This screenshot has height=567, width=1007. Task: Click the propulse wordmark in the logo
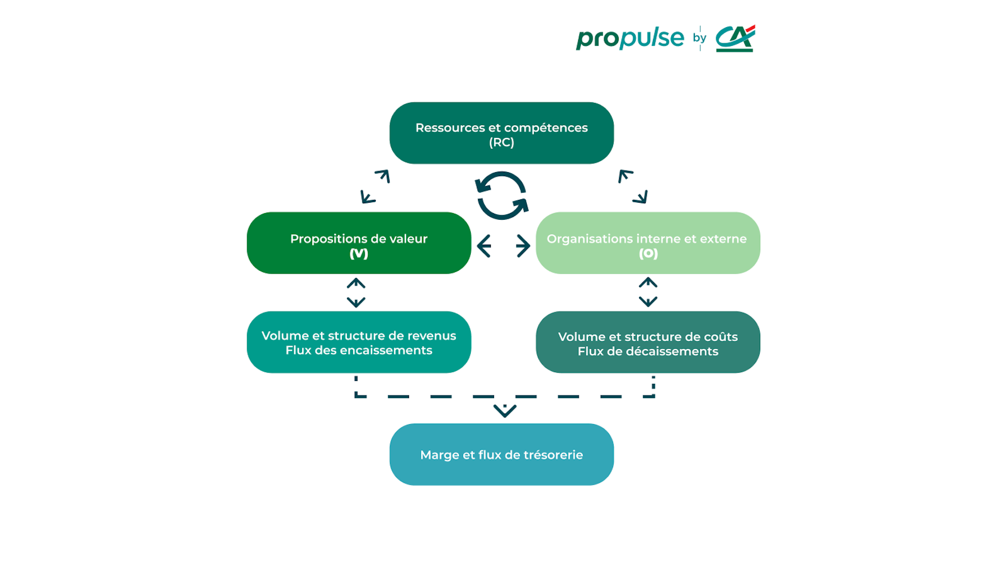coord(630,38)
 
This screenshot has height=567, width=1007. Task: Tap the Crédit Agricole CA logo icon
coord(735,38)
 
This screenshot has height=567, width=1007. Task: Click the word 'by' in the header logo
coord(699,38)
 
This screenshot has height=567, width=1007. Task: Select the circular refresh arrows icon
coord(502,195)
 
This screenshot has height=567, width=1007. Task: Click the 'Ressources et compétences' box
coord(502,133)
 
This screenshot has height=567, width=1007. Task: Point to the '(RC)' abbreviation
coord(502,142)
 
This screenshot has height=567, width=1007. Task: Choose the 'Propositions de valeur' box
coord(359,243)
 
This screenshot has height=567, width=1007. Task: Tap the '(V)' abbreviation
coord(359,254)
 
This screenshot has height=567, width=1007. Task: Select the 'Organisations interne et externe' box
coord(648,243)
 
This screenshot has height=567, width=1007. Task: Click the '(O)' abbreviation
coord(648,254)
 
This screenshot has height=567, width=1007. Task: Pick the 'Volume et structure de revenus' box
coord(359,342)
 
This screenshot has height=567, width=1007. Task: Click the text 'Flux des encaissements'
coord(359,350)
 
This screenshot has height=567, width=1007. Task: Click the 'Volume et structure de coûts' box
coord(648,342)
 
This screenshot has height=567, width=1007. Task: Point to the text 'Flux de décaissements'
coord(648,351)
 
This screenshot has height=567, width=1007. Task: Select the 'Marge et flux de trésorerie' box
coord(502,455)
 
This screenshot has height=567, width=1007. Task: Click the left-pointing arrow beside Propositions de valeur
coord(484,246)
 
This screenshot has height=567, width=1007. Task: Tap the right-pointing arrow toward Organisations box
coord(523,246)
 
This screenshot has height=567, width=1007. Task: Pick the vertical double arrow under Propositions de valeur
coord(356,293)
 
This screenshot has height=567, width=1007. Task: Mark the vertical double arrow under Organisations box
coord(648,292)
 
